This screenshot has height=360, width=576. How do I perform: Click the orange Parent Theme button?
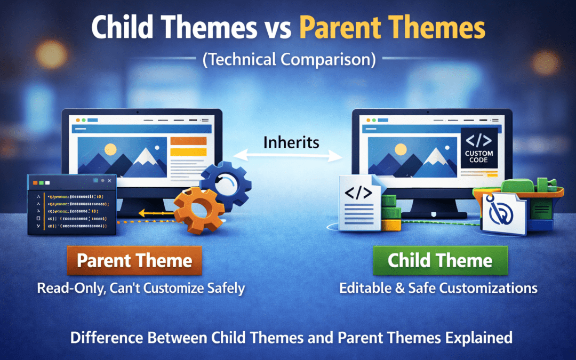point(134,261)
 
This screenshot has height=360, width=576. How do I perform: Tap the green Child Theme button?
point(440,261)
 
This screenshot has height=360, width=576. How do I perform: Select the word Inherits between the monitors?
point(291,142)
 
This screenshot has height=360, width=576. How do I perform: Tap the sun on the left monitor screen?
point(110,150)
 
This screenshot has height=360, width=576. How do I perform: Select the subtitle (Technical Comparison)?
point(288,59)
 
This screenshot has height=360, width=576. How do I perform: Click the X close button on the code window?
point(109,182)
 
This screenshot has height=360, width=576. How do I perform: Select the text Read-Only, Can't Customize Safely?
point(141,289)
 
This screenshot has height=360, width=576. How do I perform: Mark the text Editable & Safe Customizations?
point(438,289)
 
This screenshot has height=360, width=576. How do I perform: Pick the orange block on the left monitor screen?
point(188,141)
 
